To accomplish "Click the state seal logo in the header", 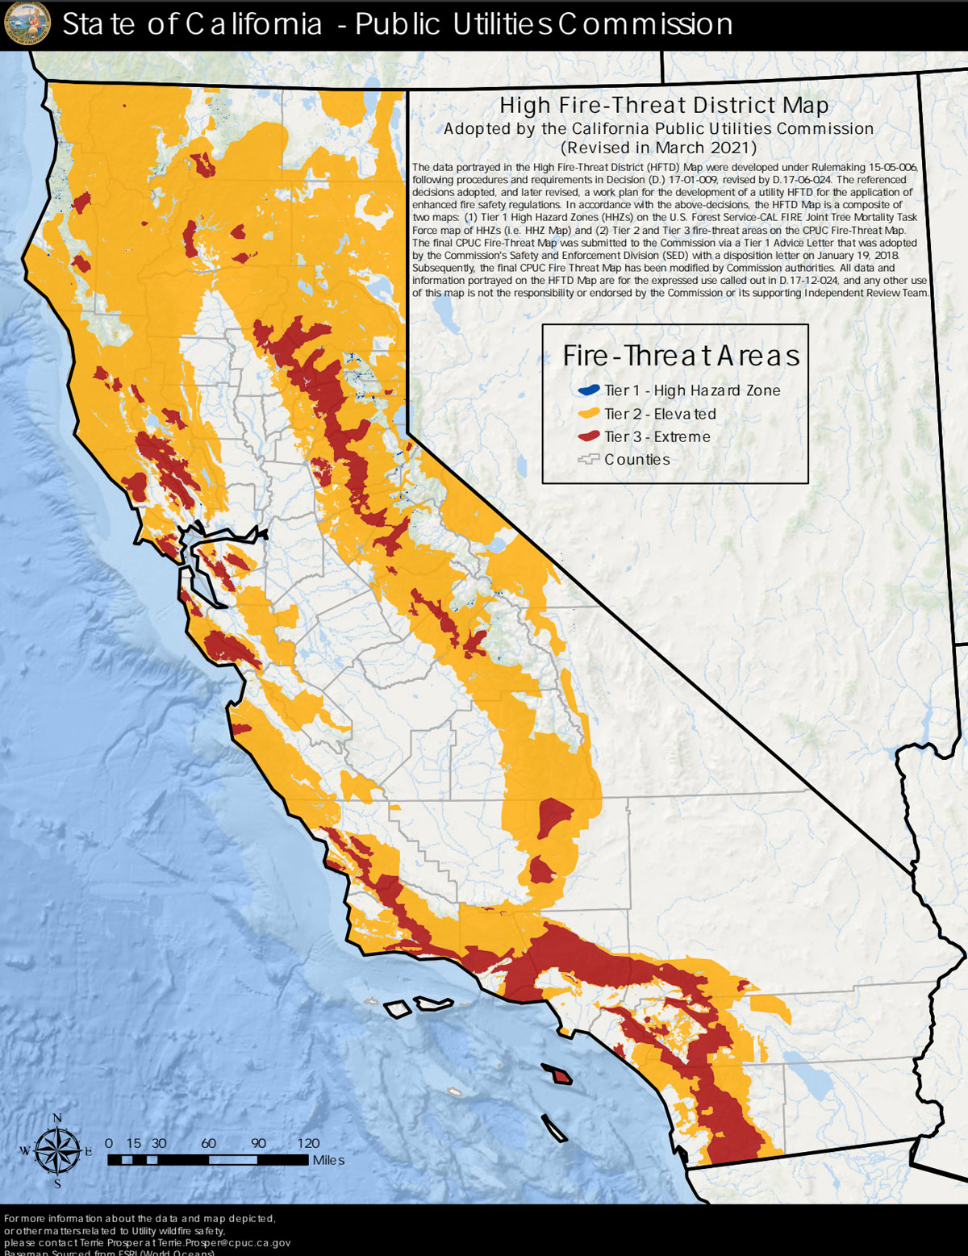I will [27, 23].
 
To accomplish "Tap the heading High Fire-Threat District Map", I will [663, 106].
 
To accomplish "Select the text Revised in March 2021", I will [659, 148].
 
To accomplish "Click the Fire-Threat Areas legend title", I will [681, 356].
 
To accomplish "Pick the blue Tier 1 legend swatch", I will [588, 390].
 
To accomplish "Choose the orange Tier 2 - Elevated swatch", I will [588, 414].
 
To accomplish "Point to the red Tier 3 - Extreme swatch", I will [588, 436].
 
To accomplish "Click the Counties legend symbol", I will [588, 460].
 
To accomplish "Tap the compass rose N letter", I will [57, 1118].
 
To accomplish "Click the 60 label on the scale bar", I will [209, 1143].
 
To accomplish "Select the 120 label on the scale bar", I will [308, 1143].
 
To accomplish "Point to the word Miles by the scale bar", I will [328, 1160].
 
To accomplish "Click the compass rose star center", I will [57, 1151].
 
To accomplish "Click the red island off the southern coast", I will [557, 1074].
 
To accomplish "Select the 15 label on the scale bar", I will [134, 1143].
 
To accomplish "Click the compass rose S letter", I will [57, 1183].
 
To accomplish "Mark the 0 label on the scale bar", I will [109, 1143].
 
